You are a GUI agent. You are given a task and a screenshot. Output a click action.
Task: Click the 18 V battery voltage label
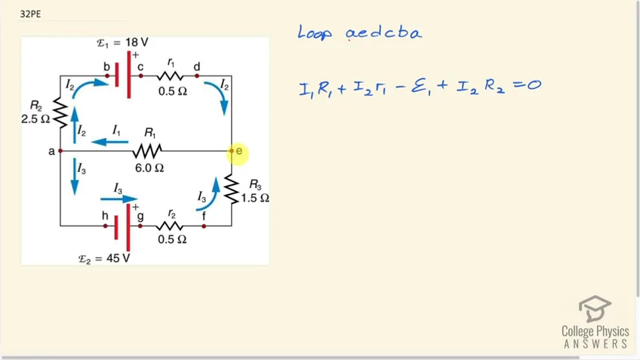122,42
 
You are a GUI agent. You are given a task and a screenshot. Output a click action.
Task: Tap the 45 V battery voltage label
104,258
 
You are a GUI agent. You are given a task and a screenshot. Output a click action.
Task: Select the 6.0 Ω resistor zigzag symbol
147,151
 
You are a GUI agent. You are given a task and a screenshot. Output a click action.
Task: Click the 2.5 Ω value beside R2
35,119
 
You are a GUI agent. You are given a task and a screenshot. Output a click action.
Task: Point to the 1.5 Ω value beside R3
255,198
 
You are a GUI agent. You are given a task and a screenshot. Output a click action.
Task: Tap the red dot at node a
60,151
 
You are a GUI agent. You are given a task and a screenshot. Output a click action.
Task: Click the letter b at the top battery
106,66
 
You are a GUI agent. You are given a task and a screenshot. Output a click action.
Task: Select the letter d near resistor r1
197,66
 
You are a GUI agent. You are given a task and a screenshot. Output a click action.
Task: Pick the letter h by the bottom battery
106,216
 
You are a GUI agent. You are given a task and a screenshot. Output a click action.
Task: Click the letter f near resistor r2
204,216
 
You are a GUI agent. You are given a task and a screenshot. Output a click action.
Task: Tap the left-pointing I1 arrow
109,142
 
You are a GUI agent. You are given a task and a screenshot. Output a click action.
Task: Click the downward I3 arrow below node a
74,177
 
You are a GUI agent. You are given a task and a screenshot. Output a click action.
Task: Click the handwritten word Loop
315,32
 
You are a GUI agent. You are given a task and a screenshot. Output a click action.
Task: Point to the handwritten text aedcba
383,32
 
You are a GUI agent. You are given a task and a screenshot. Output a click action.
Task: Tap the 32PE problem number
30,14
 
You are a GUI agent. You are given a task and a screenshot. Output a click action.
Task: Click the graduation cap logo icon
595,309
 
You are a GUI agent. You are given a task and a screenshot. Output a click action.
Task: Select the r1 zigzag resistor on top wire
170,76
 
